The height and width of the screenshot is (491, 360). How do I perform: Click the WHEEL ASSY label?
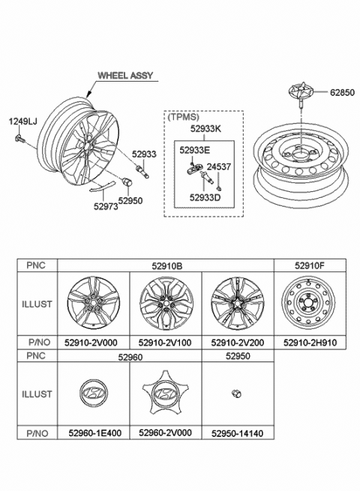click(124, 76)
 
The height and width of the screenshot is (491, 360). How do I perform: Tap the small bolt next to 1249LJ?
click(19, 139)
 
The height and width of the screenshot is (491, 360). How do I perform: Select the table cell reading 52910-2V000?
click(94, 341)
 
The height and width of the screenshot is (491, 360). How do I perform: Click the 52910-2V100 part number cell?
click(166, 341)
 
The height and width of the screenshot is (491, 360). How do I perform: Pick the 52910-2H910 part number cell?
click(310, 341)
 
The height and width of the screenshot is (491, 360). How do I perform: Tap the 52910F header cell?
click(310, 265)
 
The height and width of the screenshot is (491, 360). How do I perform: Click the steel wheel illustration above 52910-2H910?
click(310, 304)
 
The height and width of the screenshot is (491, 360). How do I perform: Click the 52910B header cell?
click(166, 265)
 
